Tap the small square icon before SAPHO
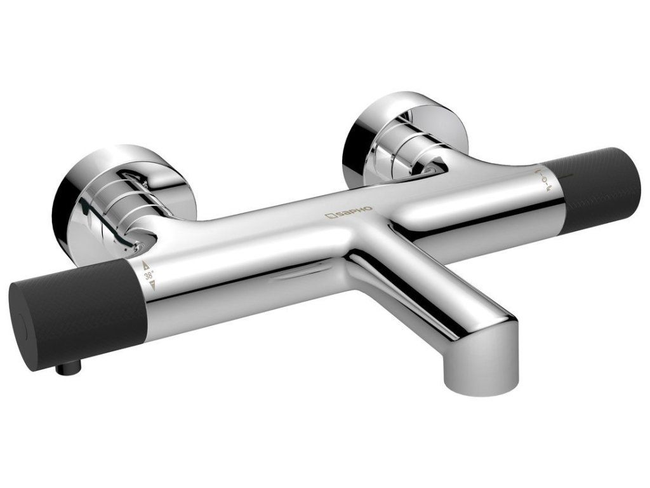click(x=330, y=215)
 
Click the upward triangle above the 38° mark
click(x=145, y=266)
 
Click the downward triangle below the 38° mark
click(x=152, y=285)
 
